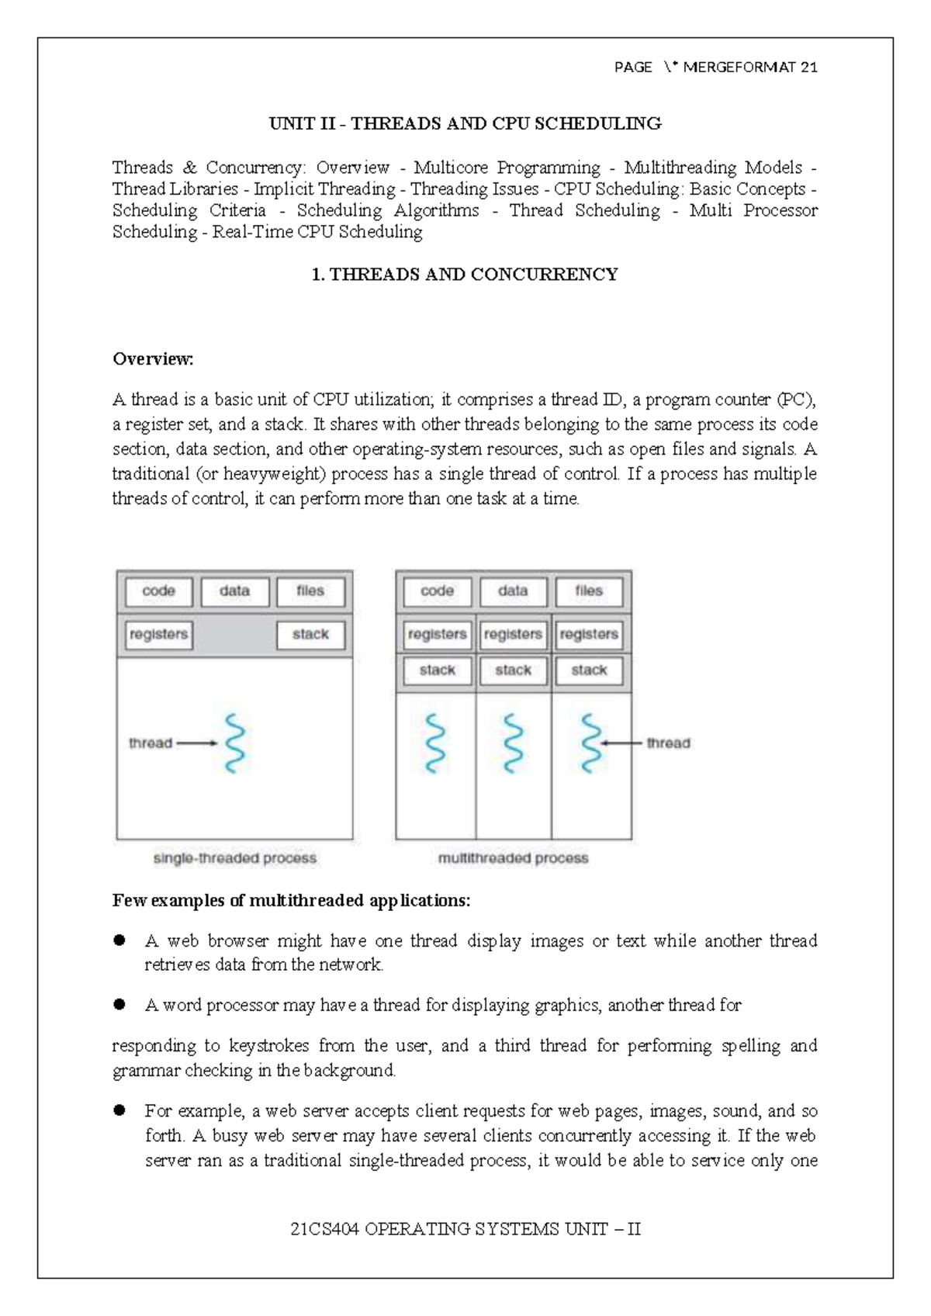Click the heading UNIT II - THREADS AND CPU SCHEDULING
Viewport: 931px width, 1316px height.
pyautogui.click(x=465, y=123)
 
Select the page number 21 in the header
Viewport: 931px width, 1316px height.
pyautogui.click(x=808, y=68)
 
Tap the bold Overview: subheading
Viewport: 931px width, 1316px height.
pyautogui.click(x=153, y=359)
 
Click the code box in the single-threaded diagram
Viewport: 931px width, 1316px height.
pyautogui.click(x=158, y=591)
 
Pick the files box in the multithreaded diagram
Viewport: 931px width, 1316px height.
pyautogui.click(x=589, y=591)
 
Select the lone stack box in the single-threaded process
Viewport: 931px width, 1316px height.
pyautogui.click(x=310, y=635)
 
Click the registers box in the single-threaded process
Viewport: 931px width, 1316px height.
pyautogui.click(x=158, y=635)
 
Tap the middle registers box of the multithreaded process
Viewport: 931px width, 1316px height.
pyautogui.click(x=513, y=635)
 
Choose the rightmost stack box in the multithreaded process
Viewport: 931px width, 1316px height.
pyautogui.click(x=589, y=670)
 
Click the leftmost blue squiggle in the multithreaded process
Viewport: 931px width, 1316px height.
pyautogui.click(x=437, y=743)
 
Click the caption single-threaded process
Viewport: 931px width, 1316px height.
pyautogui.click(x=235, y=858)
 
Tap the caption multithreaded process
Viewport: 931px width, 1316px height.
pyautogui.click(x=513, y=858)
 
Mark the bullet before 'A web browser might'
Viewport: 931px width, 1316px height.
pyautogui.click(x=119, y=940)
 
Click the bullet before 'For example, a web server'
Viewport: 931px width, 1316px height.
pyautogui.click(x=119, y=1110)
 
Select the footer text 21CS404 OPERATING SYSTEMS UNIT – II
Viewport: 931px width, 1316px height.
pyautogui.click(x=465, y=1229)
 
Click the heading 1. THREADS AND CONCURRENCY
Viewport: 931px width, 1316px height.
pyautogui.click(x=465, y=275)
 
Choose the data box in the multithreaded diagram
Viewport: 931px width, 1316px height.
pyautogui.click(x=513, y=591)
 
